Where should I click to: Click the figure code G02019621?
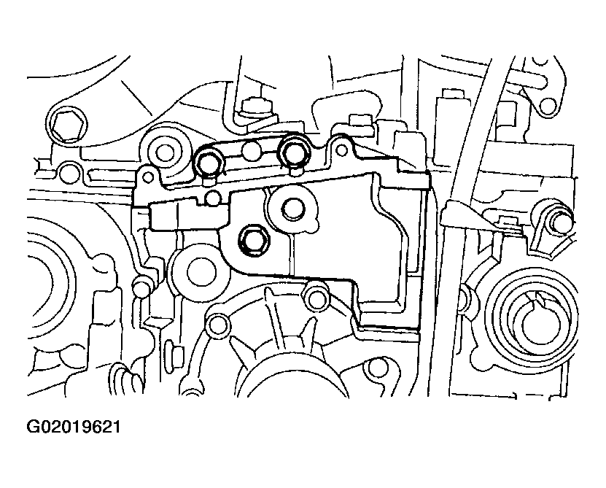click(x=74, y=427)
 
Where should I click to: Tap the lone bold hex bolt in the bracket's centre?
click(x=253, y=241)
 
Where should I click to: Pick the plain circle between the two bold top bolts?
click(x=252, y=151)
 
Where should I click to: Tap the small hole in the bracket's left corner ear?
click(x=147, y=177)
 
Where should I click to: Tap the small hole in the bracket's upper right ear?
click(x=341, y=150)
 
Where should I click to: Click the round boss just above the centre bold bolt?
click(x=294, y=209)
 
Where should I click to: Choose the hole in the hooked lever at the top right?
click(x=547, y=106)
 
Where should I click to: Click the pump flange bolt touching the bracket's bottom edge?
click(x=317, y=298)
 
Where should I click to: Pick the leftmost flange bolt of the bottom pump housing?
click(x=217, y=325)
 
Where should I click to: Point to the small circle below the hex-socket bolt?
click(x=69, y=171)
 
